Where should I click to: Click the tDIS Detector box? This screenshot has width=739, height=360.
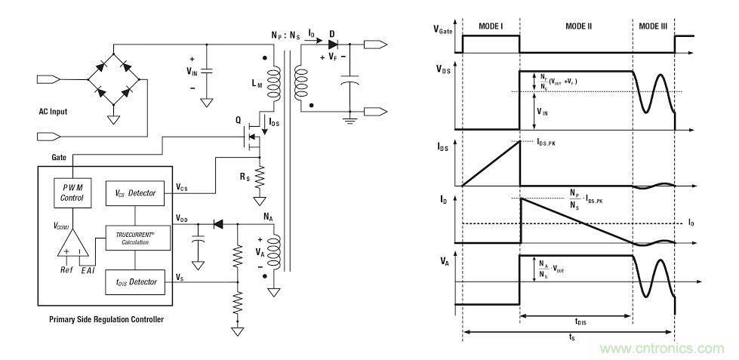(x=131, y=282)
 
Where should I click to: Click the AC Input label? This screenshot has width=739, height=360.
(x=53, y=112)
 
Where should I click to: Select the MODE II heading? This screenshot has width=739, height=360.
(x=578, y=26)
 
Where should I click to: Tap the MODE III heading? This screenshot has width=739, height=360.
(x=652, y=26)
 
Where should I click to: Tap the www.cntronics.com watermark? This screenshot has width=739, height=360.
(x=662, y=348)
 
